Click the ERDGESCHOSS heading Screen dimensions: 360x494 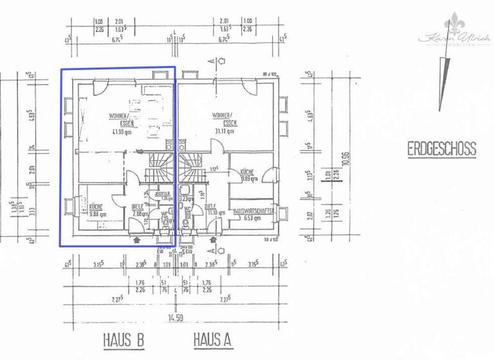click(441, 149)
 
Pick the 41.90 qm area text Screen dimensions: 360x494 click(120, 132)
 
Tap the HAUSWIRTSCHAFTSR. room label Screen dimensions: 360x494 click(255, 210)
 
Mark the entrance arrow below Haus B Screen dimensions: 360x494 click(136, 240)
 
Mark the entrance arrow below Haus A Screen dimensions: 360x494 click(211, 240)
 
